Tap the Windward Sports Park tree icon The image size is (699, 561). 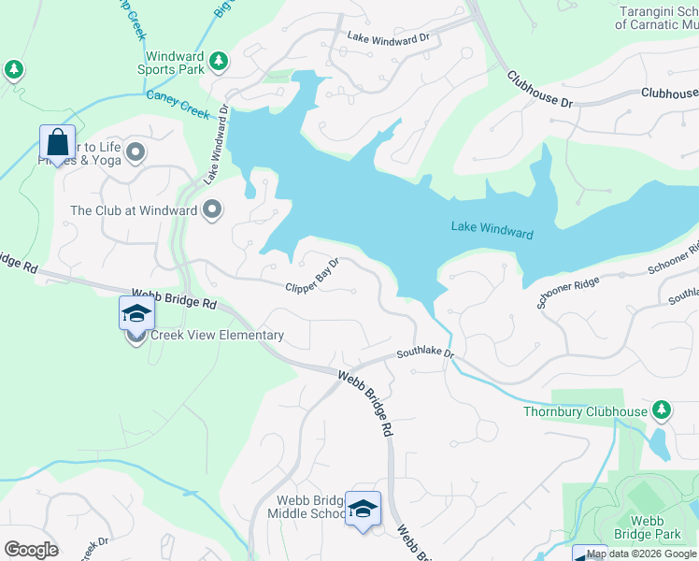(x=219, y=62)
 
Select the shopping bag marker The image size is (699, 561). (x=57, y=143)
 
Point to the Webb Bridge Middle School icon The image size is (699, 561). (x=363, y=509)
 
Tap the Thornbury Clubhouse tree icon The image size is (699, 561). (x=662, y=410)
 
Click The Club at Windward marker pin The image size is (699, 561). (x=212, y=209)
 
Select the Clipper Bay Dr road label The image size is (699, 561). (x=311, y=276)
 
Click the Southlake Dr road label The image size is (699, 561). (x=424, y=353)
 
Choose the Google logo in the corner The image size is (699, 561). (x=31, y=550)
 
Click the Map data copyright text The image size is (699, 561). (x=642, y=554)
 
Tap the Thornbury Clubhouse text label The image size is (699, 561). (x=585, y=411)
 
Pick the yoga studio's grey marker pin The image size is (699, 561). (x=136, y=151)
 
